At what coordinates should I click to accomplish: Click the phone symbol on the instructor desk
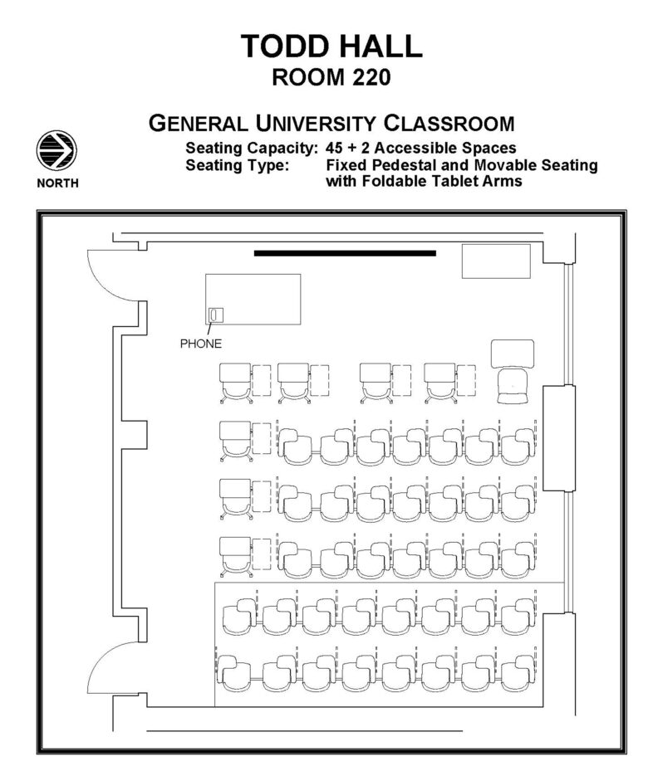[215, 315]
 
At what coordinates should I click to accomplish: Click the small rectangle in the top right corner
[496, 261]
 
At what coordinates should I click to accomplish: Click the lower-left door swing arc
[104, 671]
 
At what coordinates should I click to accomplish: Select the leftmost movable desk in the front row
[235, 383]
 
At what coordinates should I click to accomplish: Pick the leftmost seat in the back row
[234, 667]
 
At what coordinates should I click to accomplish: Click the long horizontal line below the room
[304, 730]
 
